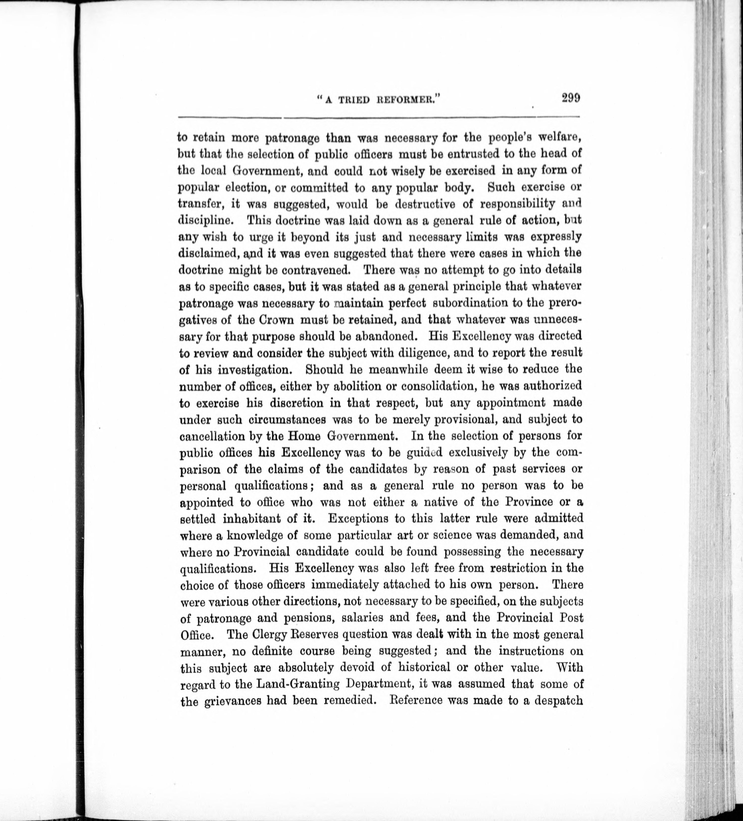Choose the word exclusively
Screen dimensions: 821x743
pos(470,452)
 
